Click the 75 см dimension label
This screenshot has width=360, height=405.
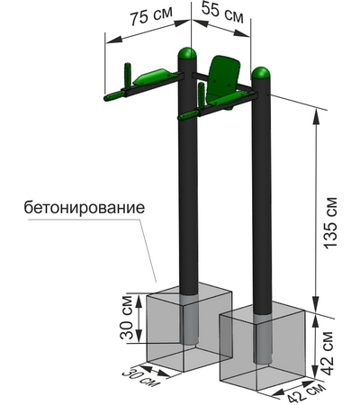151,15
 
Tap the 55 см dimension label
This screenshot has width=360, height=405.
222,12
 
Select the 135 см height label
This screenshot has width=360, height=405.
331,222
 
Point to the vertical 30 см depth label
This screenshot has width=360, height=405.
126,318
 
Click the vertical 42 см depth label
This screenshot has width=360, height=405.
327,353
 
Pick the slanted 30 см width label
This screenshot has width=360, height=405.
141,377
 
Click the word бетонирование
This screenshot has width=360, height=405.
85,207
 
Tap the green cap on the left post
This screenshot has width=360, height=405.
187,53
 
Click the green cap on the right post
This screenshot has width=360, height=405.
261,73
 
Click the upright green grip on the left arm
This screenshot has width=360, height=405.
128,75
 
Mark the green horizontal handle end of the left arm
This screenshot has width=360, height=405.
113,95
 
